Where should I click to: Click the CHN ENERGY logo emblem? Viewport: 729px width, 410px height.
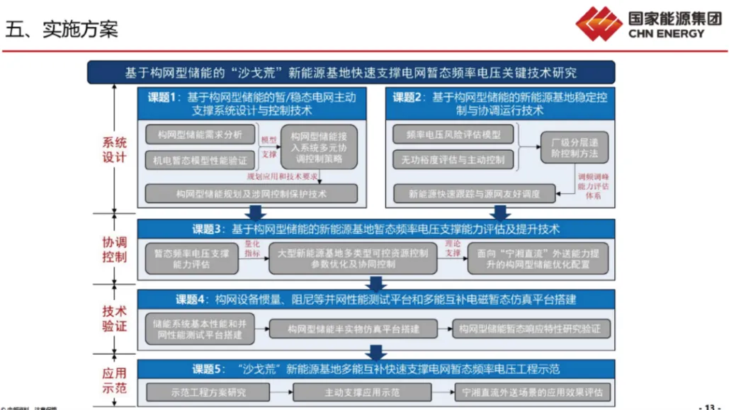pos(599,23)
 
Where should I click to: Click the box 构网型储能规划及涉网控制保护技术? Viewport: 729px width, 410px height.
pos(252,193)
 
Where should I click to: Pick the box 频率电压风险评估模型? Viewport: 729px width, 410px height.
pos(453,135)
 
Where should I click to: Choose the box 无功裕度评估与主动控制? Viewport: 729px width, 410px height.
pos(453,159)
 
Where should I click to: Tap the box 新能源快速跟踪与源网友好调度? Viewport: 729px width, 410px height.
pos(474,193)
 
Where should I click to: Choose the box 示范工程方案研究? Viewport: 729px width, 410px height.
pos(208,392)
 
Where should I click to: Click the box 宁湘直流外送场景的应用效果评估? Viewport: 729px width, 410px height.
pos(532,392)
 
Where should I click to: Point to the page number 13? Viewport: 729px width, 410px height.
pos(709,406)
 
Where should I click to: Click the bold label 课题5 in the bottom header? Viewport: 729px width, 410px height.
pos(209,369)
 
